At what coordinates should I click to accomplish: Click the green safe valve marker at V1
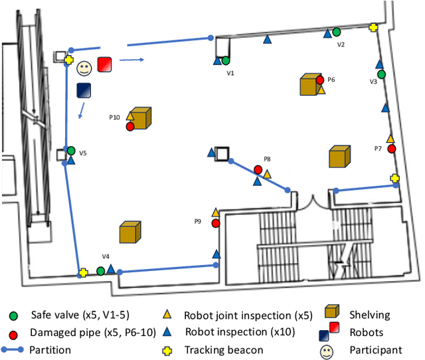click(226, 60)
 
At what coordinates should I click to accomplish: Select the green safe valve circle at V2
click(336, 31)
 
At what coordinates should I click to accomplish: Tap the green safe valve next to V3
click(381, 74)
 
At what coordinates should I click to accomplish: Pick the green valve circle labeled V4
click(100, 270)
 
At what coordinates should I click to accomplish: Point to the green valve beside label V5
click(70, 151)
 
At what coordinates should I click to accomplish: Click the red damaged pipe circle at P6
click(320, 80)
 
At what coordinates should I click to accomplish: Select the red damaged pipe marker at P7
click(391, 149)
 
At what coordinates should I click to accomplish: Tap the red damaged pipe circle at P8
click(258, 169)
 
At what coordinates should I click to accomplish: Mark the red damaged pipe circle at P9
click(215, 223)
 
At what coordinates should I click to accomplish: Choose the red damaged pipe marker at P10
click(130, 126)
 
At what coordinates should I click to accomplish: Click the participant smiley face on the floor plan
click(83, 68)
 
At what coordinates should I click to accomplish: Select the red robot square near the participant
click(105, 64)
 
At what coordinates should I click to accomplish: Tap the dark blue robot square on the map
click(84, 90)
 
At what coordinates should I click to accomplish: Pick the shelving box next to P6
click(309, 84)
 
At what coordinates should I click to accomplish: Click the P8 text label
click(267, 159)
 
